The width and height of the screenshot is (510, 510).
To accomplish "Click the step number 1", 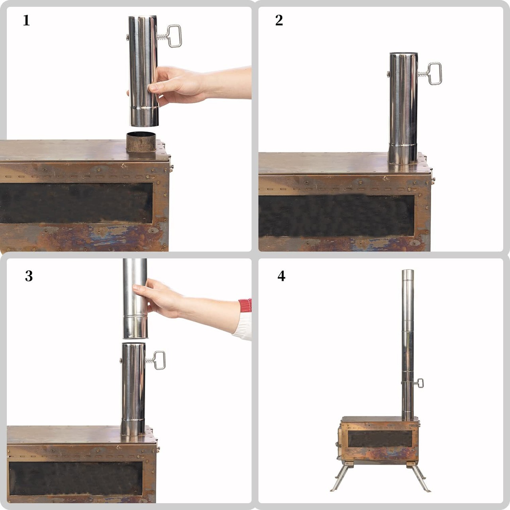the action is pos(26,20).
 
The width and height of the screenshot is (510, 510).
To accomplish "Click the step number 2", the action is pos(279,20).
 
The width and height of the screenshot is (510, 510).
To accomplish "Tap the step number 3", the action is pos(29,276).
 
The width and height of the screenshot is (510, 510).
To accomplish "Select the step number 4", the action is pos(281,276).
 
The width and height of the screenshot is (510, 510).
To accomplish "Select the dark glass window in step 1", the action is pos(76,203).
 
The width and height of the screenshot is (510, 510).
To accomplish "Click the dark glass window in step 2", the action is pos(336,216).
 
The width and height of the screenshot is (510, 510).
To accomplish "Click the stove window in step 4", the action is pos(380,439).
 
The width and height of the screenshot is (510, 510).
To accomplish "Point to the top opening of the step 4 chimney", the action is pos(408,271).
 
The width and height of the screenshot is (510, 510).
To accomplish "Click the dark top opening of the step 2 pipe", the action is pos(403,54).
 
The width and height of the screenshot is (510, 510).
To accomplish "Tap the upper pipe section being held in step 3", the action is pos(135,298).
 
